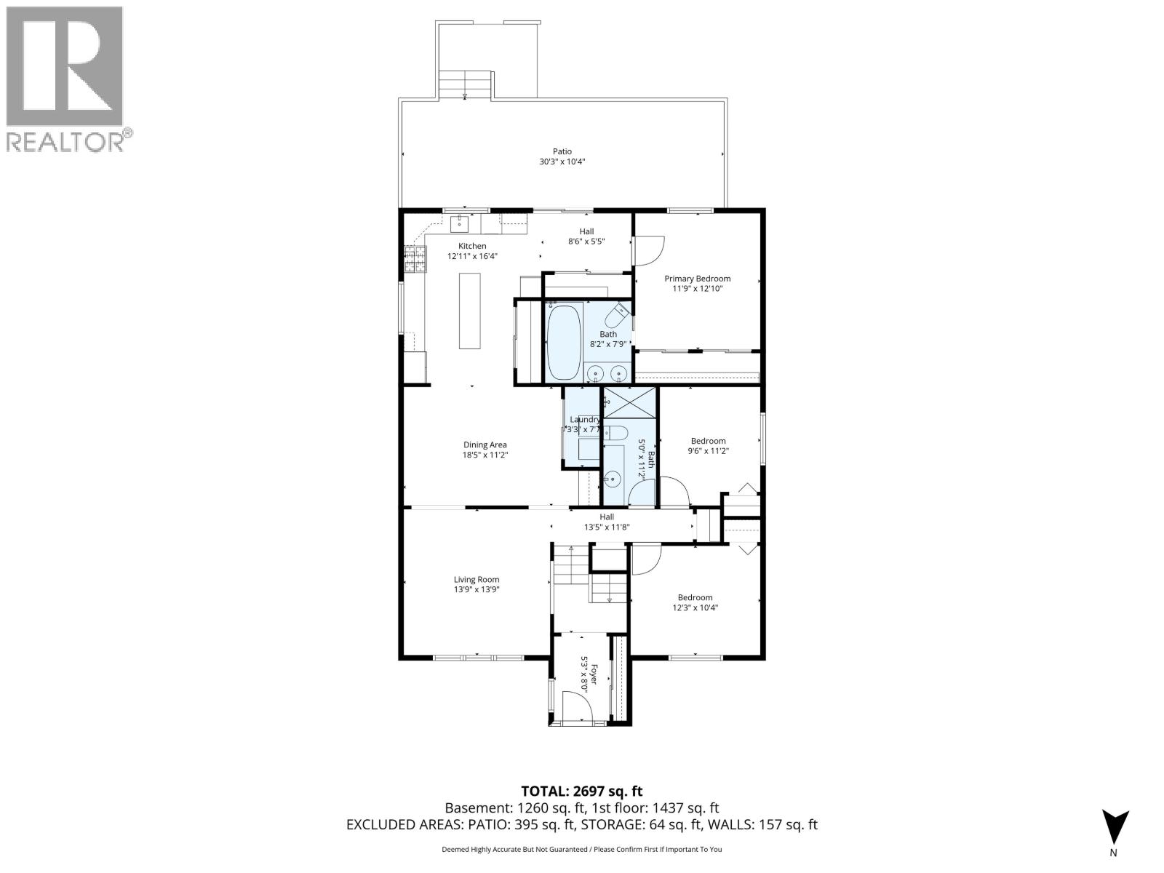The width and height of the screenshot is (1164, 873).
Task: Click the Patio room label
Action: click(x=562, y=152)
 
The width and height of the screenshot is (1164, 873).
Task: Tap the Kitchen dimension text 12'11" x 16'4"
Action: click(x=472, y=256)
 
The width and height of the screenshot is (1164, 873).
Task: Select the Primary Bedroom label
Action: click(x=697, y=279)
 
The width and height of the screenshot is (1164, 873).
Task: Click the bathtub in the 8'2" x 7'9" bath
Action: click(x=564, y=342)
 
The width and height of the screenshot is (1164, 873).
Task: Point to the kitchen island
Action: click(x=470, y=311)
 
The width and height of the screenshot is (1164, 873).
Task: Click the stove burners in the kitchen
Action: click(x=415, y=260)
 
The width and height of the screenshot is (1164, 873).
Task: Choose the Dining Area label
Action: click(x=485, y=445)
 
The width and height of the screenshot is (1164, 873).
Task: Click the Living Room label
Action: click(x=477, y=580)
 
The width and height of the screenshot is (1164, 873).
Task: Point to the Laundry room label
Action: click(x=584, y=420)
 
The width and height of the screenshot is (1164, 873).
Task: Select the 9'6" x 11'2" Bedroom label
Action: click(x=708, y=441)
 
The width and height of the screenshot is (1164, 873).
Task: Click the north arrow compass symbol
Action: click(x=1114, y=830)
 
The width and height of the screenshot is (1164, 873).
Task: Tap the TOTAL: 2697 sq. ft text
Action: click(x=581, y=791)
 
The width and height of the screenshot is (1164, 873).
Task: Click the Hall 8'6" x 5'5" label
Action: click(x=586, y=231)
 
